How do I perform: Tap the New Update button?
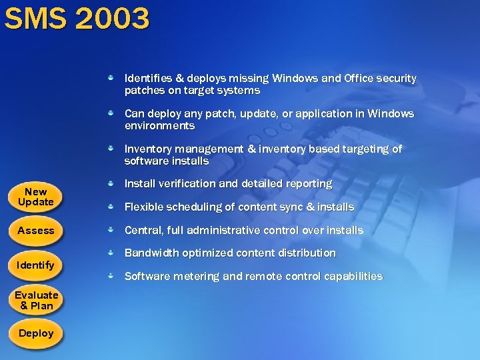36,197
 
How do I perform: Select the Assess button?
36,231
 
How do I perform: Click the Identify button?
36,265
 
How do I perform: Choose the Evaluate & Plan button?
36,301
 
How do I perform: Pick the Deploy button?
36,333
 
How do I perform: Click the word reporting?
308,183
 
